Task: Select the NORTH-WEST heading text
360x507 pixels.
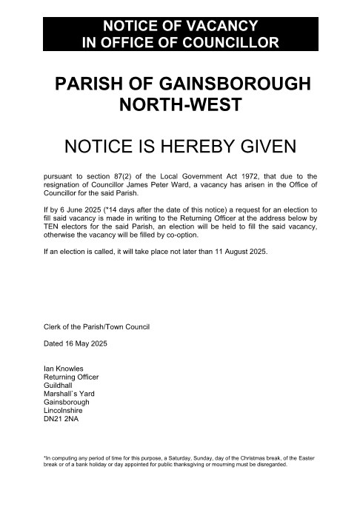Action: [x=180, y=105]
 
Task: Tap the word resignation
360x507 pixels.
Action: [x=64, y=184]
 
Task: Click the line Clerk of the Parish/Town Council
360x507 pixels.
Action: [x=97, y=326]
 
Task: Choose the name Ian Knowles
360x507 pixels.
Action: [x=64, y=369]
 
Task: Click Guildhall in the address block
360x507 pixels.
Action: [x=61, y=385]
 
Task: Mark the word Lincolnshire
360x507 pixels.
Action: [x=66, y=411]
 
